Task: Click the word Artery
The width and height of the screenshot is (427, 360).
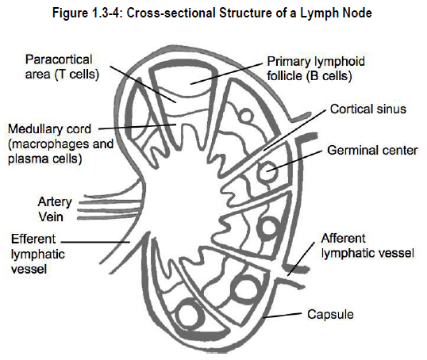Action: click(55, 203)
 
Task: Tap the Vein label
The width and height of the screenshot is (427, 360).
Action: click(51, 216)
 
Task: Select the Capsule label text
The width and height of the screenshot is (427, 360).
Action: click(330, 315)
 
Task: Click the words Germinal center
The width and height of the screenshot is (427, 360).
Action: click(372, 151)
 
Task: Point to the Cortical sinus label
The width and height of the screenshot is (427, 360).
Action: click(368, 109)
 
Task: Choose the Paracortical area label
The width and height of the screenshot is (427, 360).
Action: click(62, 67)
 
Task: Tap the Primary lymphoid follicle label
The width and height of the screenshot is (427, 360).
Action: click(316, 68)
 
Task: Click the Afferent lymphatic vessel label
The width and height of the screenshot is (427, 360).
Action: click(367, 246)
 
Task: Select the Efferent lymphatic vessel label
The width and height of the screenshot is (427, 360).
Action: click(38, 255)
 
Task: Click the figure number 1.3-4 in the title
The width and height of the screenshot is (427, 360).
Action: click(104, 13)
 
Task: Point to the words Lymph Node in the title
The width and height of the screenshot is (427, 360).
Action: click(336, 13)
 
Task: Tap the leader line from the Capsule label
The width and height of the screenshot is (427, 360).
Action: click(283, 315)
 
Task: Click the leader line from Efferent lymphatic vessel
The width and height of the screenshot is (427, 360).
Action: click(95, 242)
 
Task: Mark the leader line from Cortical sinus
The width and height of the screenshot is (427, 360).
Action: click(294, 130)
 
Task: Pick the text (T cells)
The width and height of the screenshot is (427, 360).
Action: click(77, 75)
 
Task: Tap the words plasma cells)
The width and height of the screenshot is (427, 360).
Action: click(45, 159)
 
